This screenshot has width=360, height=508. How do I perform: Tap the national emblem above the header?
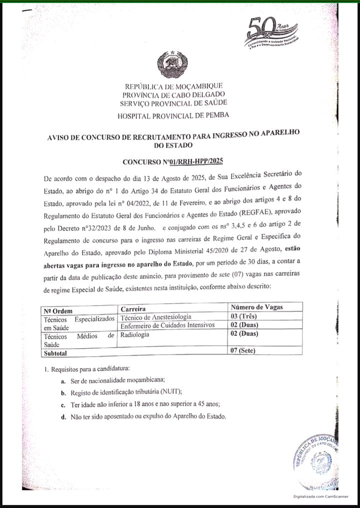pos(172,63)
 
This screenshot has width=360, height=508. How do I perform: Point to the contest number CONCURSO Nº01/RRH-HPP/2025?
pos(172,161)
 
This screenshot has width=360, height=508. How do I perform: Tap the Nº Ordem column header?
pos(58,311)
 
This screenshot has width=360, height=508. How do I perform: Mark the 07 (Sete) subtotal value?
pos(242,350)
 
